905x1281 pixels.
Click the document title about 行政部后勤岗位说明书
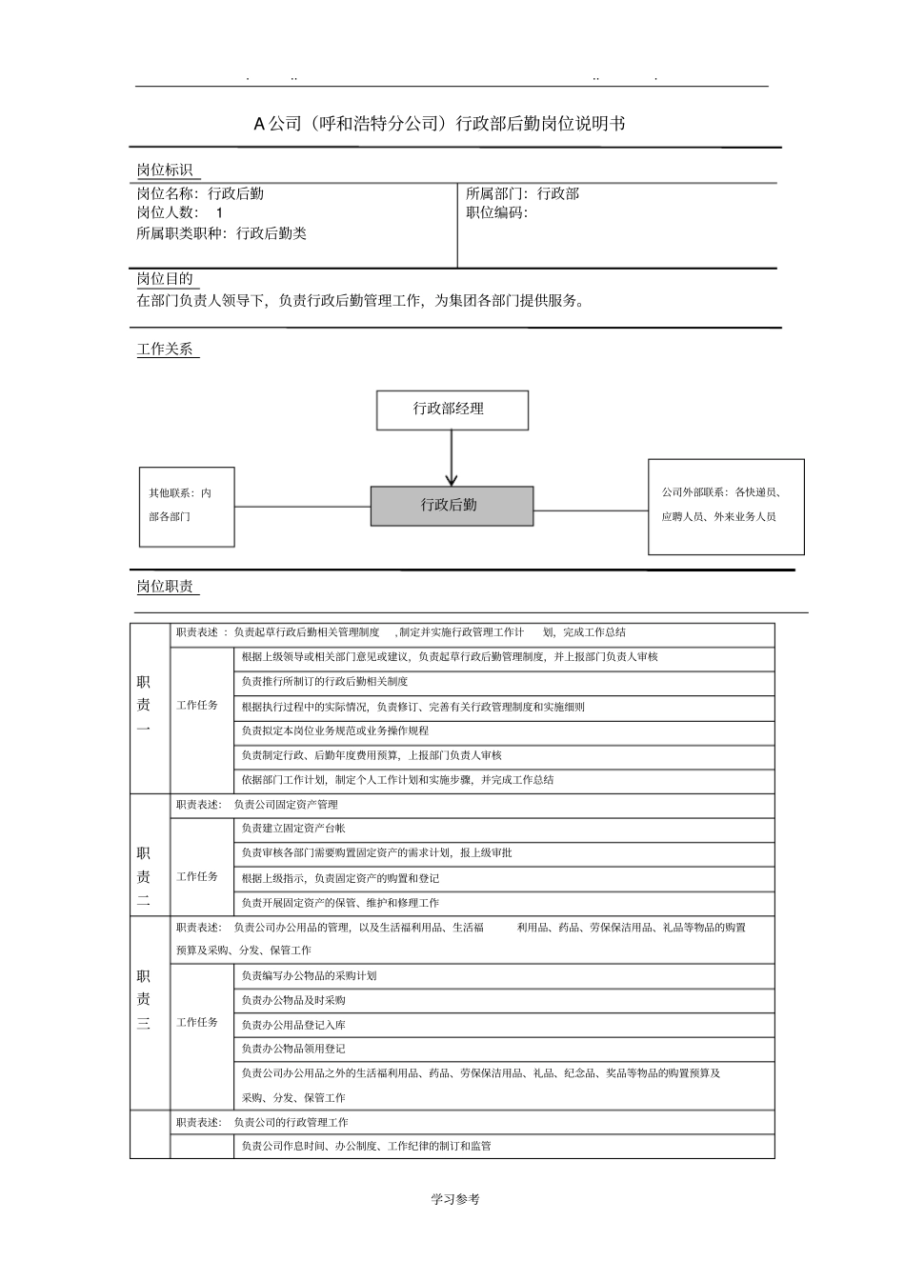(439, 124)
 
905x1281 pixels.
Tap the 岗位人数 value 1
(219, 213)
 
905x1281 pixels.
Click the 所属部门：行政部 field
(522, 193)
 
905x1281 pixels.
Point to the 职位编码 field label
(496, 213)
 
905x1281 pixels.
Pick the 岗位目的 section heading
(165, 279)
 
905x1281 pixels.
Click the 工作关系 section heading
(165, 350)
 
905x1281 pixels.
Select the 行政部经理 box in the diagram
(452, 410)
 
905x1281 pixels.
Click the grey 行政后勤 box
(452, 506)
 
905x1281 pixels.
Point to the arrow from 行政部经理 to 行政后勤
(452, 458)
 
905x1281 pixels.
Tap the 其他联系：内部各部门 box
(187, 506)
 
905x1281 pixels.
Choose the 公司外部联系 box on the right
(726, 506)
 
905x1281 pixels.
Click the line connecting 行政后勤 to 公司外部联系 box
(591, 510)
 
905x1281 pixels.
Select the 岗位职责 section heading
(165, 587)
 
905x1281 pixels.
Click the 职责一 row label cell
(144, 706)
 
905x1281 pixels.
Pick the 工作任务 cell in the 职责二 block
(197, 877)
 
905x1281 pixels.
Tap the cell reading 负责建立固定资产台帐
(293, 830)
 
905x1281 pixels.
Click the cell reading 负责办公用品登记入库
(293, 1025)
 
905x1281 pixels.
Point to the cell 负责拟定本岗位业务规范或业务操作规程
(335, 731)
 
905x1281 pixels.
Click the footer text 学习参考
(454, 1199)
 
